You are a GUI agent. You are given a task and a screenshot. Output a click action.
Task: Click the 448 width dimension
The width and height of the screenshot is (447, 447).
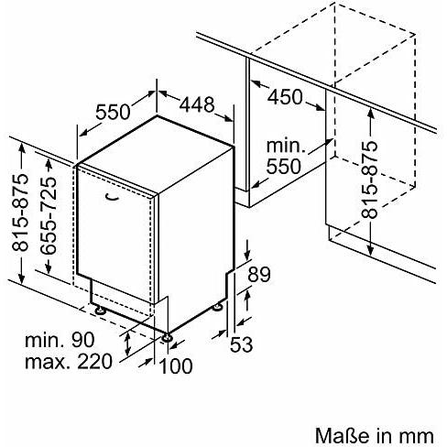[197, 104]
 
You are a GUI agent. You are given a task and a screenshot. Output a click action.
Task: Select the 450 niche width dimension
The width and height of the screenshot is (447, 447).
[285, 97]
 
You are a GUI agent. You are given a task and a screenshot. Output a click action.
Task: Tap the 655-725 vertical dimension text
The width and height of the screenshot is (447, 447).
[49, 215]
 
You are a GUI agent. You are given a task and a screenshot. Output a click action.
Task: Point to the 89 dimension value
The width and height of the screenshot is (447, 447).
[259, 274]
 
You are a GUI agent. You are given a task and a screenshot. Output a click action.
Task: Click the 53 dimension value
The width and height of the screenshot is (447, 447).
[241, 344]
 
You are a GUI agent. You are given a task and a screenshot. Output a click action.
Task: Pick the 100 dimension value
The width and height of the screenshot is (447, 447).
[176, 365]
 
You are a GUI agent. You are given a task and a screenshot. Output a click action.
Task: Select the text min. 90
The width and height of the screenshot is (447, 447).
[60, 340]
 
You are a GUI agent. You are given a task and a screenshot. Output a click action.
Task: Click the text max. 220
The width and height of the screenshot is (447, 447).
[69, 362]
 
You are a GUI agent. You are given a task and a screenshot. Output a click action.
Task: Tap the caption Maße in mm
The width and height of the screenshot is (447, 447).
[374, 435]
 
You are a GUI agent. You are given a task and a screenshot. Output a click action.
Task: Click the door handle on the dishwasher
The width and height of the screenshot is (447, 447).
[112, 198]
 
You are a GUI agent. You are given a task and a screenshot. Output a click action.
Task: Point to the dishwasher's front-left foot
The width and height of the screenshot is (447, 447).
[100, 311]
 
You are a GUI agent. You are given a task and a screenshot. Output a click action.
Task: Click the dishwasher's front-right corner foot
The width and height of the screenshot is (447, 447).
[167, 337]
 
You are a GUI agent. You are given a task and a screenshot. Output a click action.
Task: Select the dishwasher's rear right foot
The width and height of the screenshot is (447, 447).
[218, 307]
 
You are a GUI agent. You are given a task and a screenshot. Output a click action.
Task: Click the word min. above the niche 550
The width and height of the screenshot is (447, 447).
[286, 146]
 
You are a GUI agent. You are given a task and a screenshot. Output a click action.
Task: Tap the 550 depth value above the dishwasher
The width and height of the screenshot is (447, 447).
[113, 112]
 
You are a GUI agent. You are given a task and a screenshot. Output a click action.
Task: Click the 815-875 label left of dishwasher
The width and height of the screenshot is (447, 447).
[20, 213]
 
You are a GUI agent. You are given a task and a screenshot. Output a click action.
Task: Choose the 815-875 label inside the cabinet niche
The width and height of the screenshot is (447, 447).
[369, 180]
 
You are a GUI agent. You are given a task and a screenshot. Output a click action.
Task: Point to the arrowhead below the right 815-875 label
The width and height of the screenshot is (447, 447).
[370, 249]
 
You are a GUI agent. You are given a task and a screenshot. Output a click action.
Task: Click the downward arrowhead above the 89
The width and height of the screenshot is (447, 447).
[247, 256]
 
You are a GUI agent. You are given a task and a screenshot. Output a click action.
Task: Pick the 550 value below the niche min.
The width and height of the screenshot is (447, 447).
[284, 167]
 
